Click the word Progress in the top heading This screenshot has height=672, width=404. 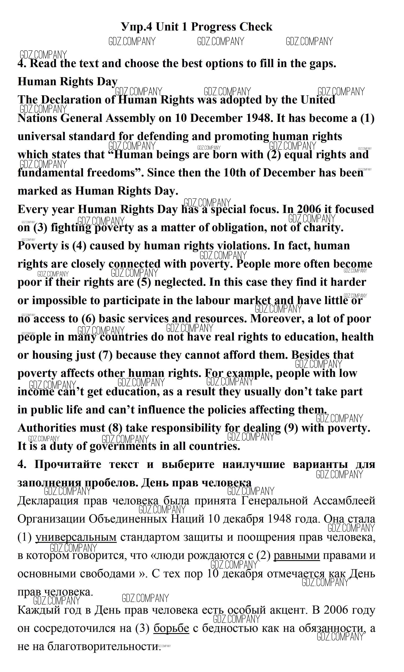[x=213, y=27]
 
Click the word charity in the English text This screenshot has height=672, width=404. [x=323, y=228]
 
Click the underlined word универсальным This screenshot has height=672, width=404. [x=76, y=538]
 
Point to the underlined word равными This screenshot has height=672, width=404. [x=296, y=556]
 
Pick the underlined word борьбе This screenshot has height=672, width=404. [x=171, y=629]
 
